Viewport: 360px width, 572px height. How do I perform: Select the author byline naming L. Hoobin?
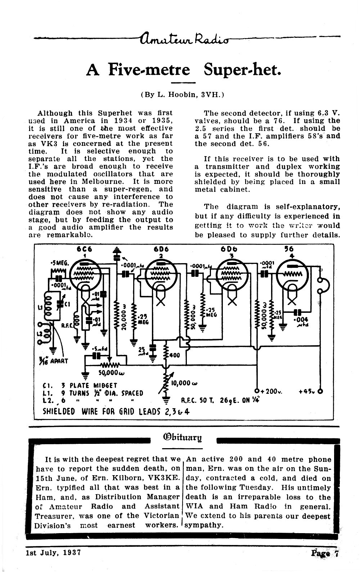[182, 95]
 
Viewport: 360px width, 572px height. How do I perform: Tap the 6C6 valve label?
[84, 249]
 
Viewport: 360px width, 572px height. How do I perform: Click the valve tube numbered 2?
[161, 275]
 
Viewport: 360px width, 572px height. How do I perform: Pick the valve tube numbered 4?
[292, 275]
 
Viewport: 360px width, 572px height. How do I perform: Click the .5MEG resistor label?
[59, 263]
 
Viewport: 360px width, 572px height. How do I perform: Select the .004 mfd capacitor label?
[302, 322]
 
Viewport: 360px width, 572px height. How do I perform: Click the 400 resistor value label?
[175, 355]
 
